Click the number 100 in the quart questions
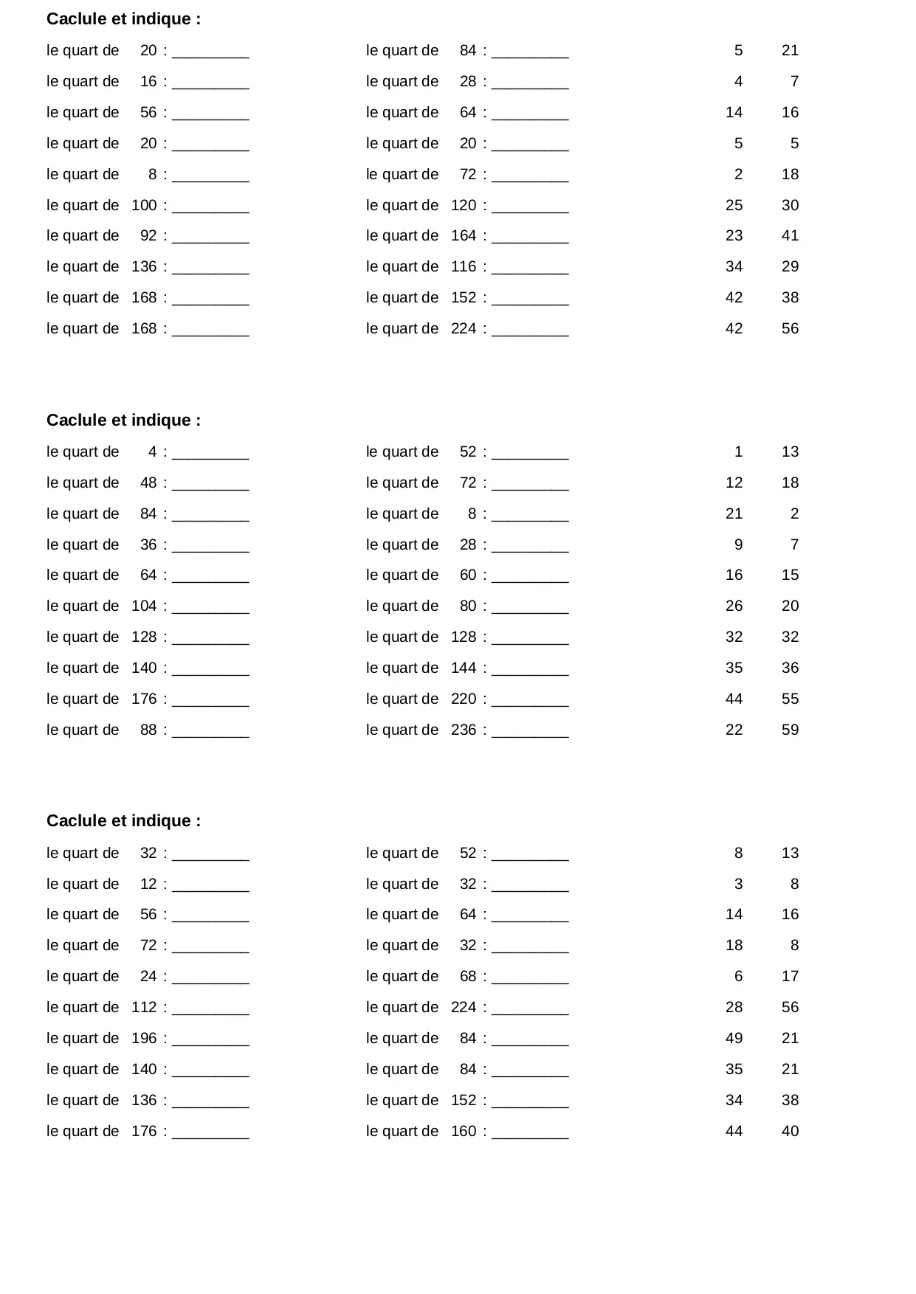click(144, 205)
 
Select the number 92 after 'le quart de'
click(148, 235)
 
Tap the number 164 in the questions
click(464, 235)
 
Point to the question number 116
click(464, 266)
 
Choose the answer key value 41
click(790, 235)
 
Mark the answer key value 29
click(790, 266)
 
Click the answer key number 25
click(734, 205)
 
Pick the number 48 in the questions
click(148, 482)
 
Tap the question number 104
click(144, 606)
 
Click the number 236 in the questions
click(464, 730)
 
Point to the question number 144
click(464, 668)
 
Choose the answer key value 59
click(790, 730)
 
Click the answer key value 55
click(790, 699)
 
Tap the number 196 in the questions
click(144, 1038)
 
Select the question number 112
click(144, 1007)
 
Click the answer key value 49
click(734, 1038)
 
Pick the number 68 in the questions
click(468, 976)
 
